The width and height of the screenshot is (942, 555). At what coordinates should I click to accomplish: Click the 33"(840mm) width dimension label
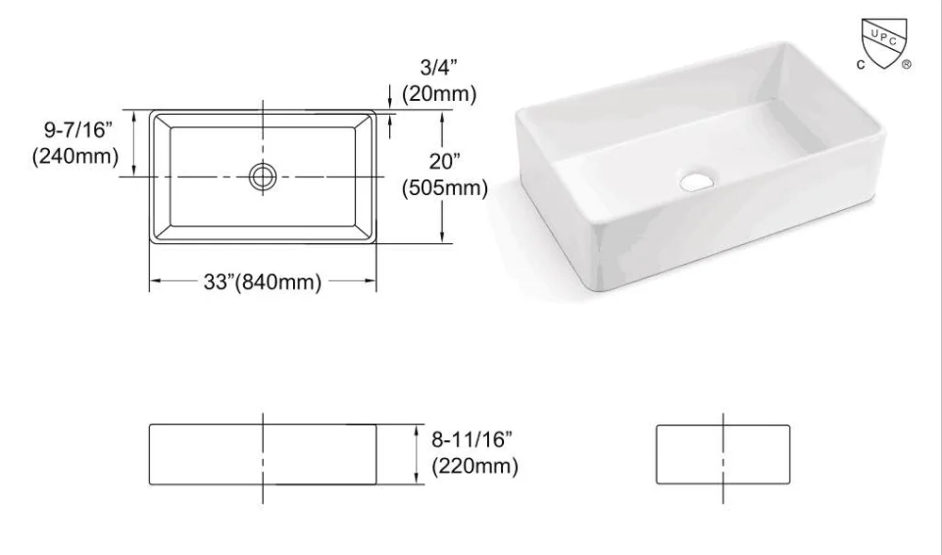(x=264, y=281)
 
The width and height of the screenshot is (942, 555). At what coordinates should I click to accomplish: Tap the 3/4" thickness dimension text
(x=438, y=67)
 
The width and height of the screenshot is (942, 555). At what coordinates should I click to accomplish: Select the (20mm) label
(x=438, y=93)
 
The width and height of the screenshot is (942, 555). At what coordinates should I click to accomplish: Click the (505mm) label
(x=445, y=188)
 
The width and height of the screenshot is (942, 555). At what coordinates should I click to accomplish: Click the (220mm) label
(x=474, y=465)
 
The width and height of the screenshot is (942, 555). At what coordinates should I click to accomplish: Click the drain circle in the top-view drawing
(x=263, y=175)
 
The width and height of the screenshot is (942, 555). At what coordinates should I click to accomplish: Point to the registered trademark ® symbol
(x=906, y=65)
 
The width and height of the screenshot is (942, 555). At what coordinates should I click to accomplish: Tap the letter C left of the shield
(x=860, y=65)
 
